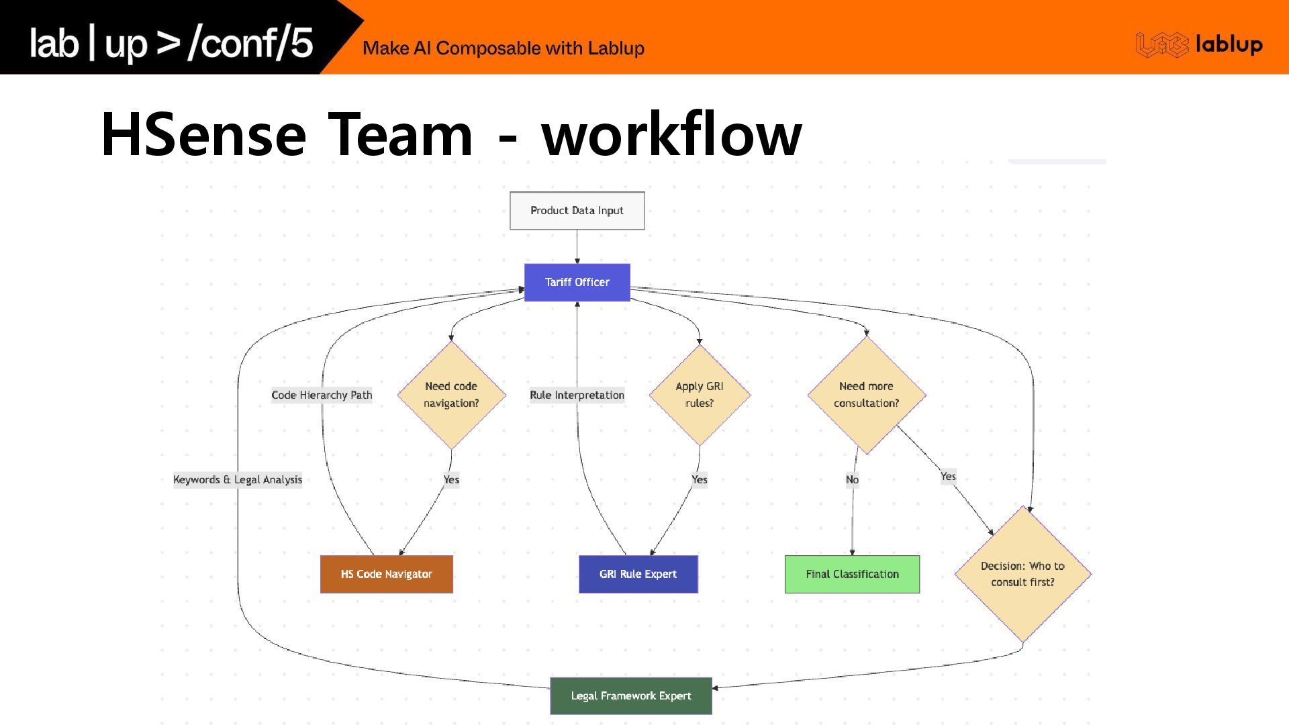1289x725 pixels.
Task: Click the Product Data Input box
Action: [x=577, y=211]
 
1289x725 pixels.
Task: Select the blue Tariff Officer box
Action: [x=577, y=282]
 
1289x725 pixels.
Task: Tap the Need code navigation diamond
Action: [x=451, y=395]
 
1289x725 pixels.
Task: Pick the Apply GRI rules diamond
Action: [x=699, y=395]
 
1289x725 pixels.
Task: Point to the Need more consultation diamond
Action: [x=866, y=395]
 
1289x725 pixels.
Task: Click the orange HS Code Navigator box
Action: [x=386, y=574]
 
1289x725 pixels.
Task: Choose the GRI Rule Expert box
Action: [x=638, y=574]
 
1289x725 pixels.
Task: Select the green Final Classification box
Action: [x=852, y=574]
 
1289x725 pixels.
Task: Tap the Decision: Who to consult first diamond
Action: [x=1022, y=574]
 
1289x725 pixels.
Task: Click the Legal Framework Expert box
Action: [x=630, y=695]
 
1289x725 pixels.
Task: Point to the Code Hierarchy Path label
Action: [x=322, y=395]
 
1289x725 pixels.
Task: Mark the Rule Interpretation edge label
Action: [x=577, y=395]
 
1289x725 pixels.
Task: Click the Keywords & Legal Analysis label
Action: [x=238, y=479]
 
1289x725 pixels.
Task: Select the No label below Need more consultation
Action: [x=852, y=479]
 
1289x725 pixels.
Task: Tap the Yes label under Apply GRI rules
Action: [x=699, y=479]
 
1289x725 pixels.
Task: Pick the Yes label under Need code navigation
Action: [x=451, y=479]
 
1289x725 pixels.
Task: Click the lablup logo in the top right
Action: [x=1199, y=44]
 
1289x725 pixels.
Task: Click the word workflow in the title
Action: [x=671, y=134]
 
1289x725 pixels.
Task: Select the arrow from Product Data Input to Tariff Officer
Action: [x=577, y=246]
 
